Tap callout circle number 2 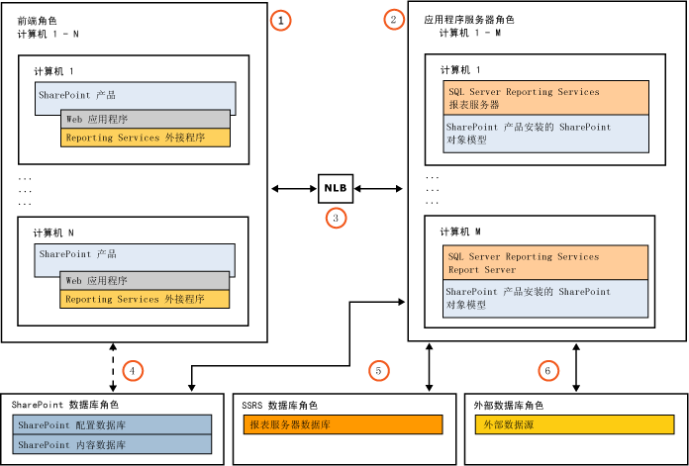point(395,19)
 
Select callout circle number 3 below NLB point(336,219)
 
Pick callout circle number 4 point(133,370)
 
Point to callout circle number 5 point(378,370)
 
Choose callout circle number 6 point(547,370)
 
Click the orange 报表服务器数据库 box point(343,424)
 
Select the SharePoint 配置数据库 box point(113,424)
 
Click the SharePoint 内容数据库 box point(113,444)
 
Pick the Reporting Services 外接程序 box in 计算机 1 point(146,138)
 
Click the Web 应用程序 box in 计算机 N point(146,280)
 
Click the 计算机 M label point(460,231)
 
